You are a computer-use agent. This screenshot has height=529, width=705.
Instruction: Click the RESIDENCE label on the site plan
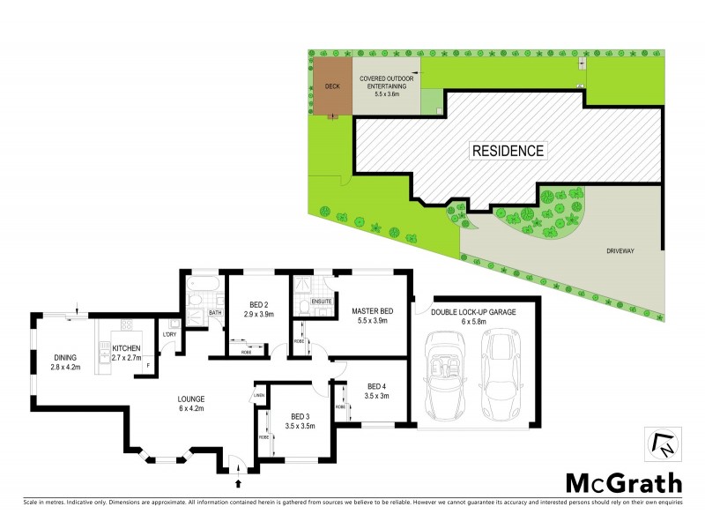tap(508, 150)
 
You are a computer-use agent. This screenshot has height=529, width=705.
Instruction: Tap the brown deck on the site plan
tap(332, 87)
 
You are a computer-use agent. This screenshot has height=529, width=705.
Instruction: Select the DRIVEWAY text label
tap(622, 250)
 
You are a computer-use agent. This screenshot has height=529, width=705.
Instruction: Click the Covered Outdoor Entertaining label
tap(383, 87)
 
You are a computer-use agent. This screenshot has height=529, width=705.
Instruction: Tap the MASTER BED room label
tap(371, 317)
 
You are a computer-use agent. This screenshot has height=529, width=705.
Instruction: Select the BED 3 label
tap(301, 421)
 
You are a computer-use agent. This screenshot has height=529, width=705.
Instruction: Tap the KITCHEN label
tap(126, 353)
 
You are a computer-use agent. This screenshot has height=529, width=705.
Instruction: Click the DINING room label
tap(65, 361)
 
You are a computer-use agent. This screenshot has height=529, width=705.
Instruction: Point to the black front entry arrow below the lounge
tap(237, 482)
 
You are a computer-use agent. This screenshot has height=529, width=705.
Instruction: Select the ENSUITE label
tap(320, 301)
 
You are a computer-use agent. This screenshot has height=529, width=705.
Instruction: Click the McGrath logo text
tap(623, 482)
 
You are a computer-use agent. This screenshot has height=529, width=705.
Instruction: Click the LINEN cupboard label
tap(259, 394)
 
